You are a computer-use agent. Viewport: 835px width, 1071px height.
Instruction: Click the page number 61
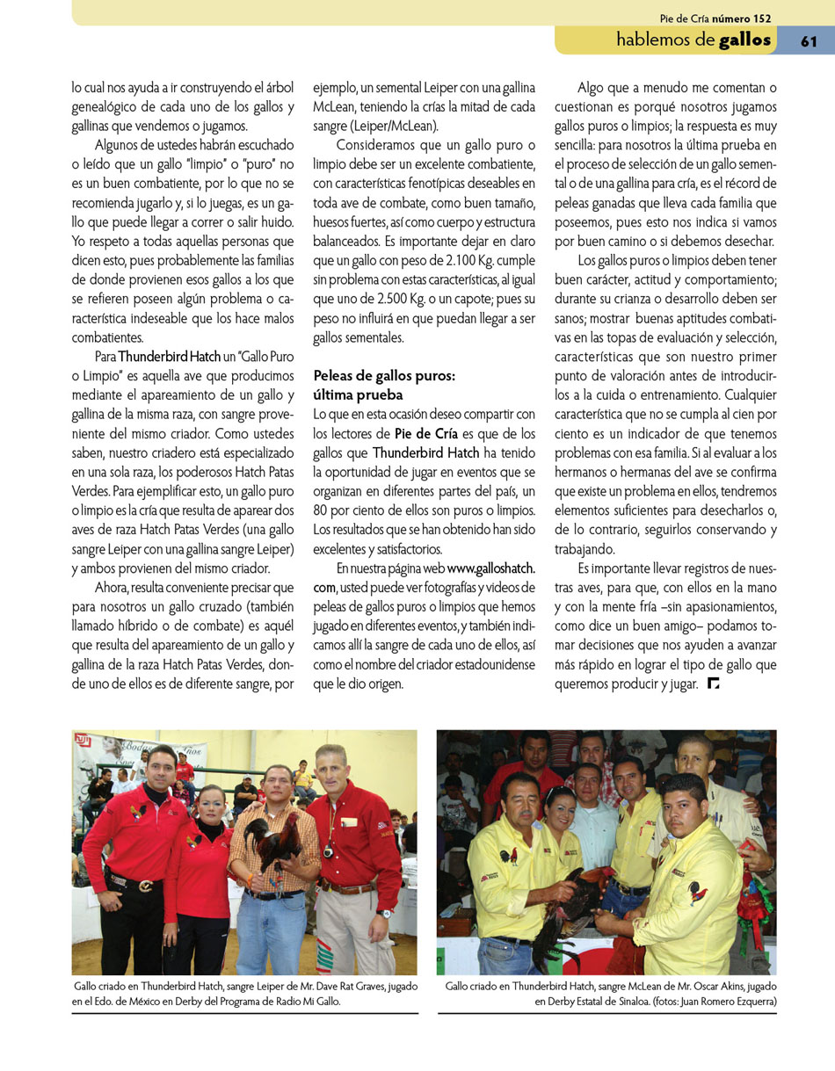click(809, 40)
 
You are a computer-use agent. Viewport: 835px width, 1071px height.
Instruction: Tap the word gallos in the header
click(744, 40)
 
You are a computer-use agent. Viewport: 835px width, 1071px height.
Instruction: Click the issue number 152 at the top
click(762, 18)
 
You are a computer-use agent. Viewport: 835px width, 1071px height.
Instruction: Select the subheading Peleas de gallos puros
click(384, 376)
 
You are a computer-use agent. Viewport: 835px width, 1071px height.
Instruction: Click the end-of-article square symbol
click(713, 684)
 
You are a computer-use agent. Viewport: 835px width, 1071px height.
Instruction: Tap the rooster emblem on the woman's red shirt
click(191, 841)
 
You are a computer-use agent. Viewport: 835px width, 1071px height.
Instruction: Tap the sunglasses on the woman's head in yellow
click(560, 794)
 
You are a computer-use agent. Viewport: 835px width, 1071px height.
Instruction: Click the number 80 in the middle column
click(323, 510)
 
